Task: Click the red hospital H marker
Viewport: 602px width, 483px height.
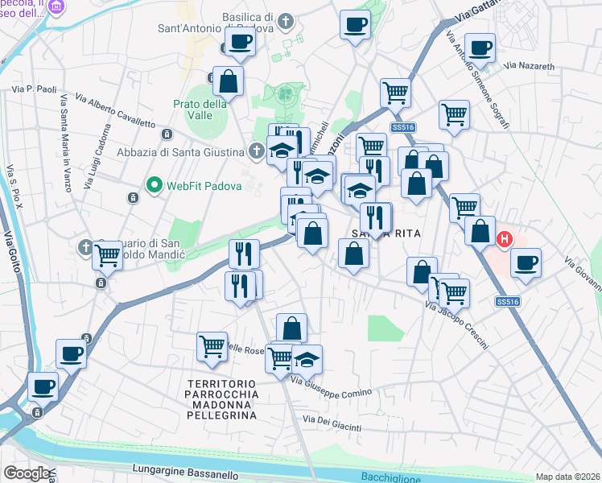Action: pyautogui.click(x=505, y=239)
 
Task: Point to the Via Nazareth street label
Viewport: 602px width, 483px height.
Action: pyautogui.click(x=527, y=65)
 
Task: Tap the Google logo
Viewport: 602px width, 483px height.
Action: pyautogui.click(x=26, y=473)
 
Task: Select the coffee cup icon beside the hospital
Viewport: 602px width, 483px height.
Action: pyautogui.click(x=526, y=262)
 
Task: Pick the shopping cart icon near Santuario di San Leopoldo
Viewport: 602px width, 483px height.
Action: pyautogui.click(x=108, y=255)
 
